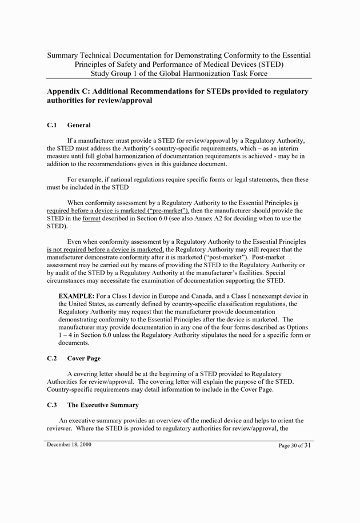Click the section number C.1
[x=52, y=125]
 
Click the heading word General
[x=79, y=125]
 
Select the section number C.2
[x=52, y=359]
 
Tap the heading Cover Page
[x=83, y=359]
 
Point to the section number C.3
[x=52, y=405]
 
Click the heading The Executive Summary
[x=103, y=405]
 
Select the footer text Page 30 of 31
[x=295, y=445]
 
